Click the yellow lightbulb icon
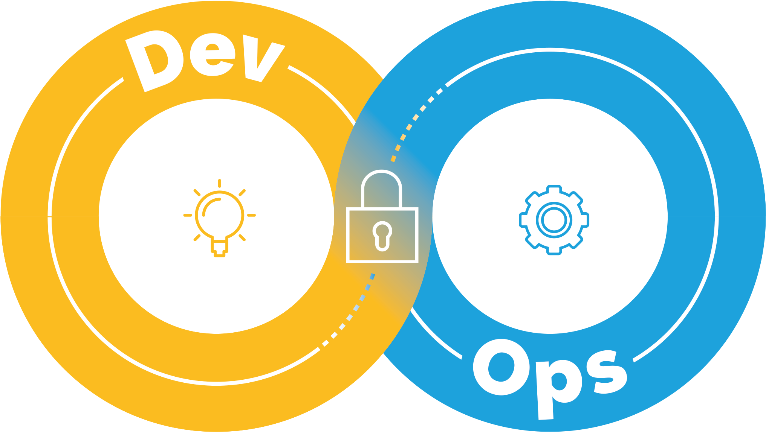click(220, 218)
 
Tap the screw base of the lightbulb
click(220, 249)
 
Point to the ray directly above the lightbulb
click(220, 183)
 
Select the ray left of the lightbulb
click(188, 215)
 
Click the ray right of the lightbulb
click(252, 215)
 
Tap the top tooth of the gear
click(554, 189)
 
